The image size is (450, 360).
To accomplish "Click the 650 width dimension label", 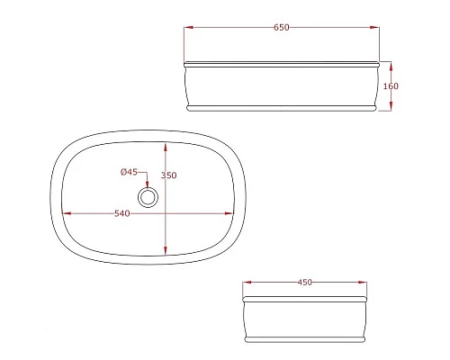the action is [282, 27].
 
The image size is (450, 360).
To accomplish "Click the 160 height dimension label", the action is [391, 86].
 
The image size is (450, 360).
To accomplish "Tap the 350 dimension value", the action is [169, 175].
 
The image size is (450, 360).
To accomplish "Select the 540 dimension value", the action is [122, 213].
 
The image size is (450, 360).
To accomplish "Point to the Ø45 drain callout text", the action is [129, 172].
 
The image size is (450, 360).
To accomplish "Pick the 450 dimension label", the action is [305, 283].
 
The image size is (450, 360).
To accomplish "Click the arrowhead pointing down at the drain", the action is [148, 184].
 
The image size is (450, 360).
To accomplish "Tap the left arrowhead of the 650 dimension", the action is [188, 27].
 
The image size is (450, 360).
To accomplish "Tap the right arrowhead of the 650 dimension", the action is [374, 27].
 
